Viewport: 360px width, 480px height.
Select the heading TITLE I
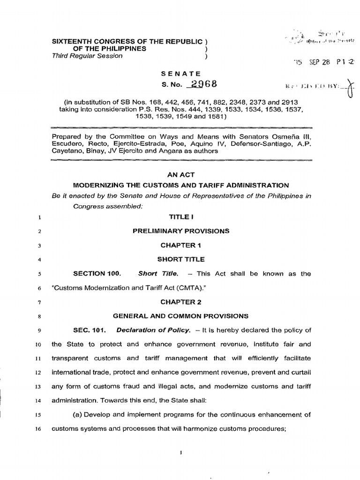point(180,217)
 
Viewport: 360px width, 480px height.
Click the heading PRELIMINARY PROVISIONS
point(181,231)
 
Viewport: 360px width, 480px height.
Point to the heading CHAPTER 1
point(180,245)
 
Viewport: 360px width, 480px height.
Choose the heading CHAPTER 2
point(180,302)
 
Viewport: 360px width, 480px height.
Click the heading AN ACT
point(180,173)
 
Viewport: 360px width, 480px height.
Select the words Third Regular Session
point(87,56)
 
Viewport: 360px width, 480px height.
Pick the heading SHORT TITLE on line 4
point(180,259)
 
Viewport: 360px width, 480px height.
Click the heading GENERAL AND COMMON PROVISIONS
point(180,316)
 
